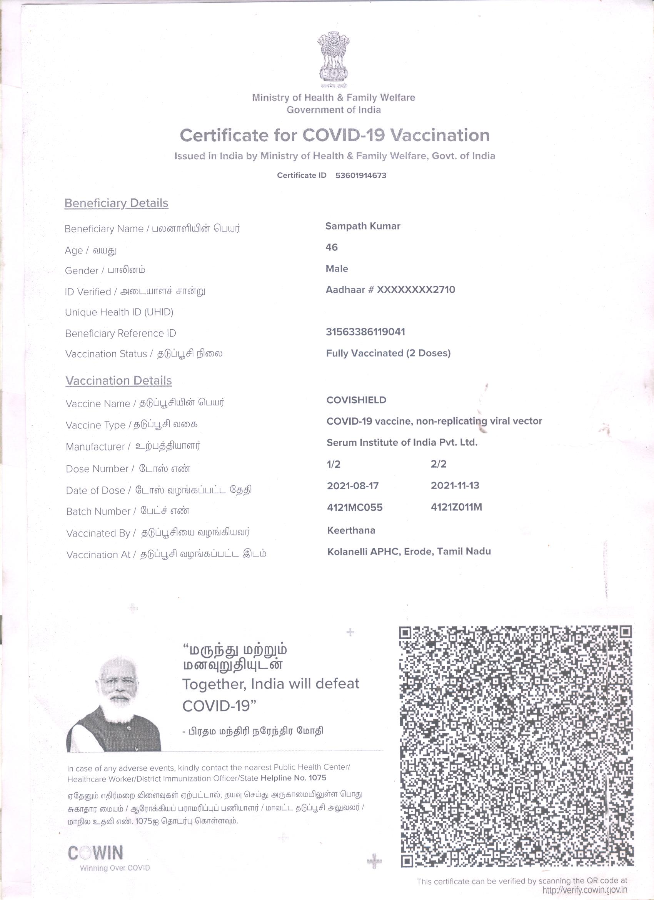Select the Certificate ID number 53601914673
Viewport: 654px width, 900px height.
(x=360, y=175)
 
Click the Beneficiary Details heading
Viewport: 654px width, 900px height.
(x=116, y=203)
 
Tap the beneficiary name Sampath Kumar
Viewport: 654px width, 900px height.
(x=363, y=226)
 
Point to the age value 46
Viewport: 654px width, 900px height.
(x=331, y=247)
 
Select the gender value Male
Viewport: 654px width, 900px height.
(x=337, y=268)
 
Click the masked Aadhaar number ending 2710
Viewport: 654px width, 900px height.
(x=390, y=290)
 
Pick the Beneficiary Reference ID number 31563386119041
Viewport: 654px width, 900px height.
(x=365, y=332)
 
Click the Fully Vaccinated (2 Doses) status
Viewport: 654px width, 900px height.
(x=388, y=353)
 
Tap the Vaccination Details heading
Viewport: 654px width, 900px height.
(x=118, y=381)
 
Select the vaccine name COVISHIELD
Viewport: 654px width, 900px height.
(x=356, y=400)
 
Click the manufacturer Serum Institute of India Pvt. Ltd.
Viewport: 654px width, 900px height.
(x=402, y=442)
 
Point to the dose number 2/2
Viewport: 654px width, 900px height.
(x=439, y=464)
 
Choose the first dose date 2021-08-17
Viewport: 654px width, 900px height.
(x=353, y=485)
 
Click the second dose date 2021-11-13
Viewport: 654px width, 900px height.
(x=455, y=485)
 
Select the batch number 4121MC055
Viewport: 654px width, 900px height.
(x=354, y=507)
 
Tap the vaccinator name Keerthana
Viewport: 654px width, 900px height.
(x=351, y=530)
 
